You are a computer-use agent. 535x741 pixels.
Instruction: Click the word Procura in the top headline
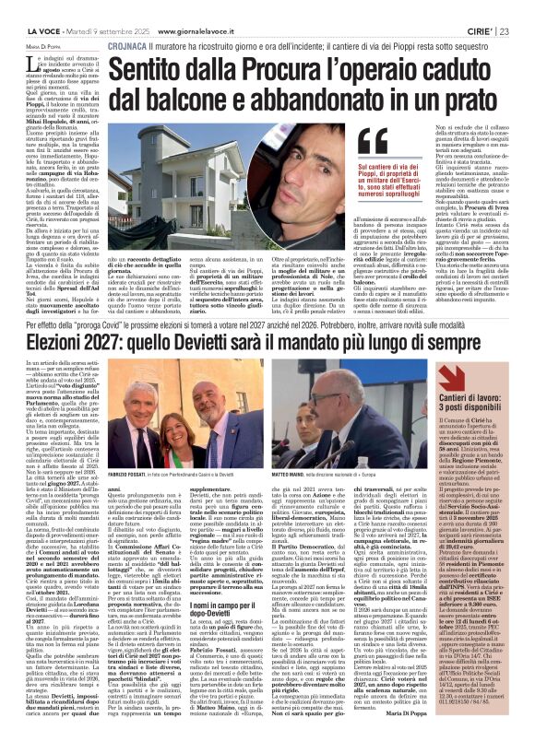click(x=256, y=41)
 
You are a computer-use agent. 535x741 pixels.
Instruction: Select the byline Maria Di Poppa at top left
click(x=22, y=21)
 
